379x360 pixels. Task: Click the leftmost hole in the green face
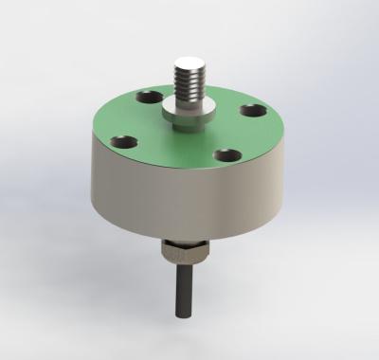click(124, 143)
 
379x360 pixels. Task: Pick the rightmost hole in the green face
click(251, 112)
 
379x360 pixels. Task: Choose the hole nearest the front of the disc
click(225, 153)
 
